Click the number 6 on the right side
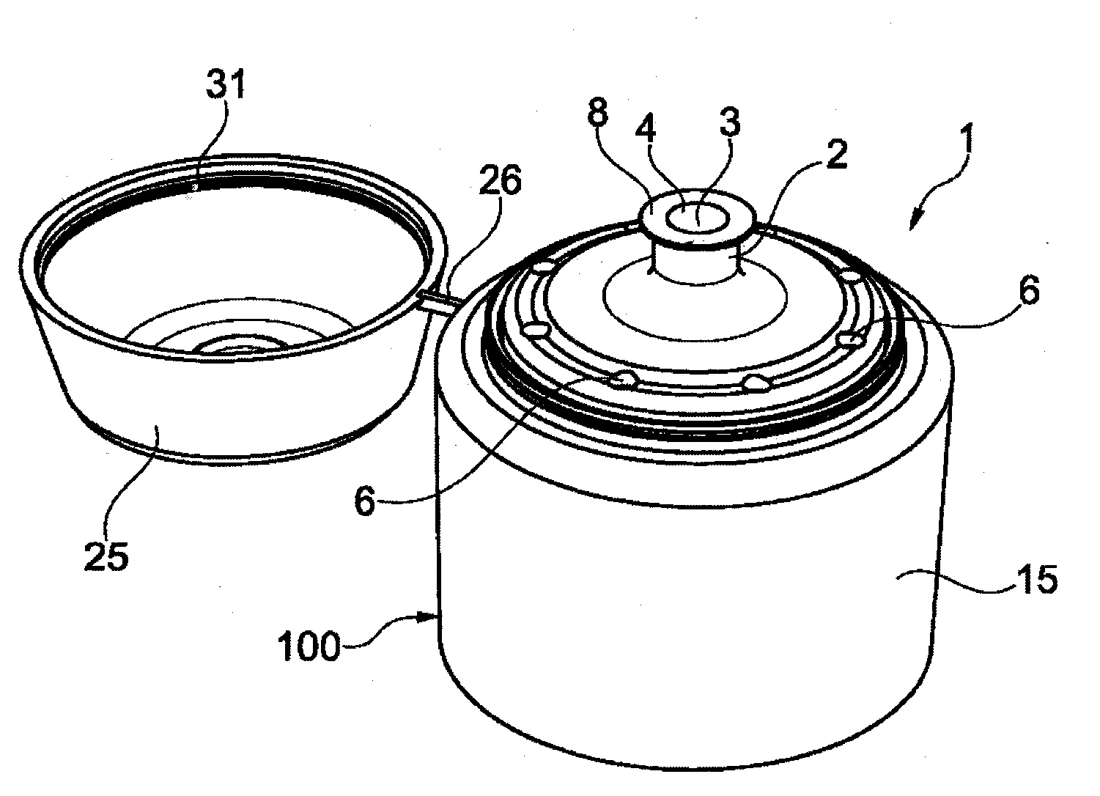(x=1028, y=292)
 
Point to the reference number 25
(x=106, y=556)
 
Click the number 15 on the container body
(x=1035, y=581)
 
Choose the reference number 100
(x=309, y=647)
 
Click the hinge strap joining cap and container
(x=437, y=301)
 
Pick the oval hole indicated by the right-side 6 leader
(x=851, y=339)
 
